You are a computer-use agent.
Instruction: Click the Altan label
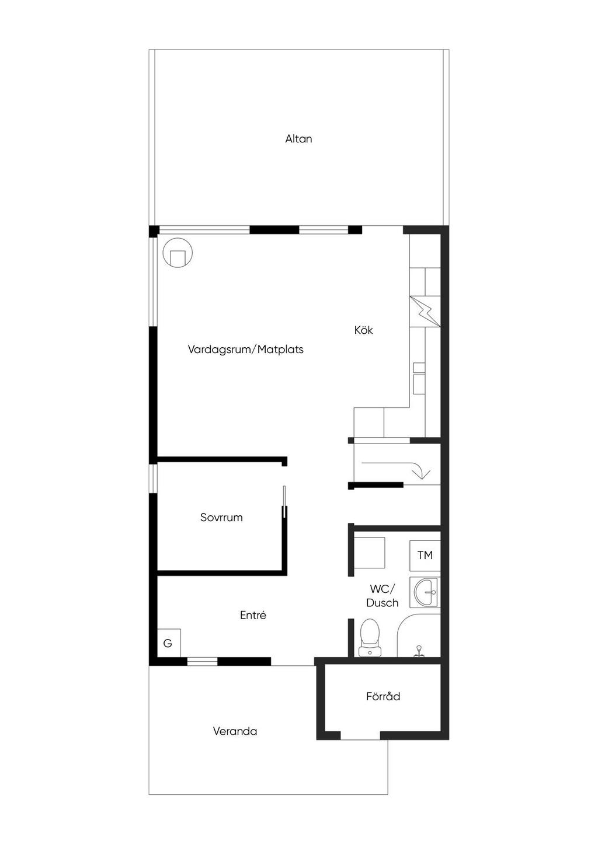point(298,139)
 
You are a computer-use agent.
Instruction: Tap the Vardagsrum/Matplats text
point(245,350)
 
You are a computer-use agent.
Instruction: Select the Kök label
point(363,330)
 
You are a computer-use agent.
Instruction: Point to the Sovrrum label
point(221,518)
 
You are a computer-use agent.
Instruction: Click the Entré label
point(253,615)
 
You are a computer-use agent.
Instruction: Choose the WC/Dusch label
point(383,596)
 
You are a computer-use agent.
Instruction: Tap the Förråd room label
point(383,696)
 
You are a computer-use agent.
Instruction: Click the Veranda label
point(235,731)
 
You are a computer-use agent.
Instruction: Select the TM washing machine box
point(425,555)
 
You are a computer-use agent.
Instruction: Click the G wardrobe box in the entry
point(168,643)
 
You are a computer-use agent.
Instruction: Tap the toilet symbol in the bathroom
point(370,637)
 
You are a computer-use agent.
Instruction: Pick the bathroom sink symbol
point(426,592)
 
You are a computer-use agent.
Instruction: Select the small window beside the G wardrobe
point(202,661)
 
